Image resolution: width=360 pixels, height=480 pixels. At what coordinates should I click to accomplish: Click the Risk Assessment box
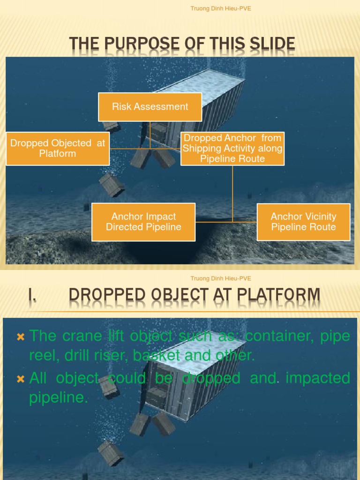pos(150,107)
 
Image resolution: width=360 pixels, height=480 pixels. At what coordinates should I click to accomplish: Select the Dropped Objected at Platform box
pos(58,148)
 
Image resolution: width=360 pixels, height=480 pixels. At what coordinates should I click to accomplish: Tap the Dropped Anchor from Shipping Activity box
pos(232,148)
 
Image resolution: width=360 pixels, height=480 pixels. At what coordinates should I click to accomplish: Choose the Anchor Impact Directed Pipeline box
pos(143,222)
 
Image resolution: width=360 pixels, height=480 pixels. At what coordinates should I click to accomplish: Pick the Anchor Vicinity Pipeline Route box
pos(303,222)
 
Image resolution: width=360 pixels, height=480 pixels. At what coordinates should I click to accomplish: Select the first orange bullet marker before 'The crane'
pos(20,337)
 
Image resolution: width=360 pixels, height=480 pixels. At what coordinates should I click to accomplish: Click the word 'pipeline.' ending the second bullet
pos(59,398)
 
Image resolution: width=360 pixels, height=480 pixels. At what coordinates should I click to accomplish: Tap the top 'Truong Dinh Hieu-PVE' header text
pos(221,8)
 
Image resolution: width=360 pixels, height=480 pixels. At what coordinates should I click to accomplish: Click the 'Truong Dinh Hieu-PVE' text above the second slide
pos(221,278)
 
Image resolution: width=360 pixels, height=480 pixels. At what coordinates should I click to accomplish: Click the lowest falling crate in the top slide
pos(112,185)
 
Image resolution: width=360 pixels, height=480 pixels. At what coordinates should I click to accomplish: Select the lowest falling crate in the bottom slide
pos(111,453)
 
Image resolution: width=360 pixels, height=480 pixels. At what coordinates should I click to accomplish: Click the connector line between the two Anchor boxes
pos(226,222)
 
